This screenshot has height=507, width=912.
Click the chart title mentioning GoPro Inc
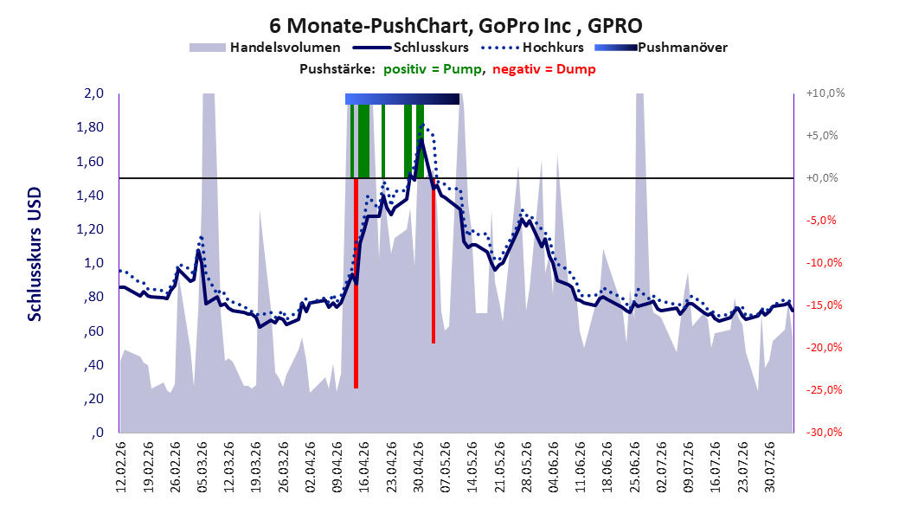[455, 26]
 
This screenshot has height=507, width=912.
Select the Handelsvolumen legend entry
[265, 48]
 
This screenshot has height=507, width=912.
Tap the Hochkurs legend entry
[533, 48]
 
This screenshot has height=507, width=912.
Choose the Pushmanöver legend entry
[661, 48]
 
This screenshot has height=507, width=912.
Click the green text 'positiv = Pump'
[433, 69]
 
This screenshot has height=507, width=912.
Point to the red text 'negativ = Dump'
[544, 69]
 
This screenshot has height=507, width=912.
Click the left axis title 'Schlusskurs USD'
[35, 254]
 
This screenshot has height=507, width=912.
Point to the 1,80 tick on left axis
[90, 127]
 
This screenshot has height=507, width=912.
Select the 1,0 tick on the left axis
[93, 263]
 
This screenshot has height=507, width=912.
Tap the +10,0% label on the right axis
[825, 93]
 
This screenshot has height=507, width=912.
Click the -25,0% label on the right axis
[824, 389]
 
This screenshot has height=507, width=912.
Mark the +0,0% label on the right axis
[822, 178]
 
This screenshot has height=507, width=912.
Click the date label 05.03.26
[202, 467]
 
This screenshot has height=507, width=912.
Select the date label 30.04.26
[419, 467]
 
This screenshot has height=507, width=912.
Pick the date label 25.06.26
[635, 467]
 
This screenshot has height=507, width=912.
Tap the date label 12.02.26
[121, 467]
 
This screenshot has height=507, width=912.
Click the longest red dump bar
[356, 283]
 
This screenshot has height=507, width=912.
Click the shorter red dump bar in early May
[434, 261]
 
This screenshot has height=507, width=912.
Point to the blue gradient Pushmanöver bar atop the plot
[401, 99]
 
